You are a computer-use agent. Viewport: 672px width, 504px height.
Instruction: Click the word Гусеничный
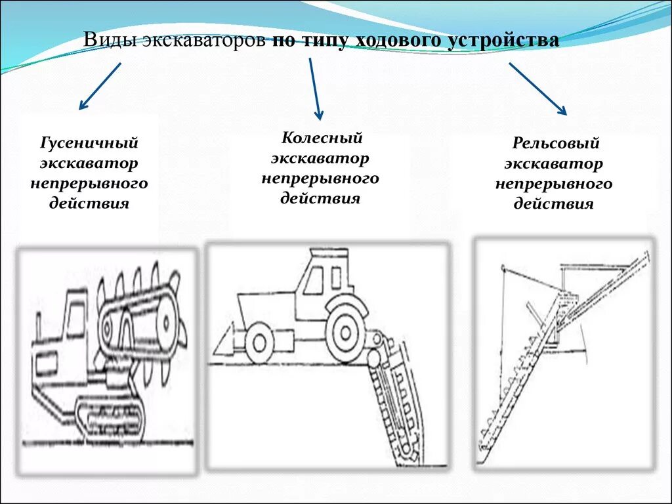pyautogui.click(x=90, y=142)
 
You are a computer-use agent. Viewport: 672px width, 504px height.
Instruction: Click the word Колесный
pyautogui.click(x=322, y=138)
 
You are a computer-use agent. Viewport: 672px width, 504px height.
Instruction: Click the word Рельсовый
pyautogui.click(x=556, y=143)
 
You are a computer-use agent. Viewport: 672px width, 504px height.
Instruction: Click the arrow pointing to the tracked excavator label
pyautogui.click(x=100, y=85)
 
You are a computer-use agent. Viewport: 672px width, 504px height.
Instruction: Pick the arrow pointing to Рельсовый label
pyautogui.click(x=537, y=89)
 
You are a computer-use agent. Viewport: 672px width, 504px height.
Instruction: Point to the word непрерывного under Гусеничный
pyautogui.click(x=89, y=183)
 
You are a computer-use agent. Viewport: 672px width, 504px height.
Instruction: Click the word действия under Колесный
pyautogui.click(x=320, y=198)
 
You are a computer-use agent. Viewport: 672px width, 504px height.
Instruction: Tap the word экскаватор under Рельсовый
pyautogui.click(x=554, y=163)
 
